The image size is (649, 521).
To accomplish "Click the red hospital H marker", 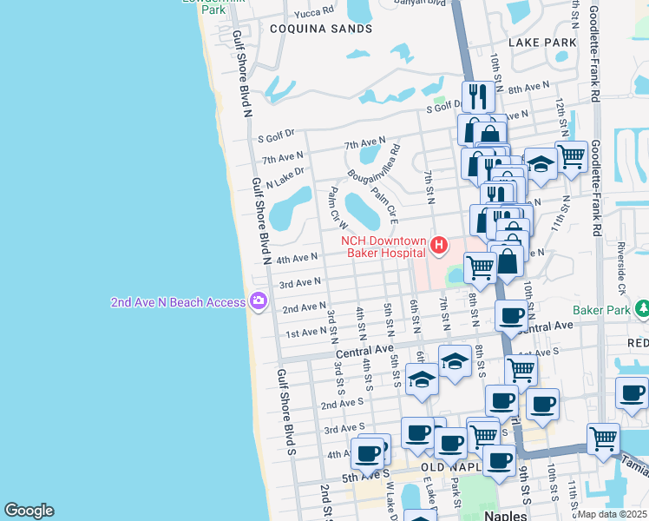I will click(439, 247).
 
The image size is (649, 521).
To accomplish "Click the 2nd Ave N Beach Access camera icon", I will click(258, 301).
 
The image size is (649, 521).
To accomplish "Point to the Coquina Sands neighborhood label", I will click(309, 29).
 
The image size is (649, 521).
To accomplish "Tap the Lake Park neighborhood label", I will click(542, 42).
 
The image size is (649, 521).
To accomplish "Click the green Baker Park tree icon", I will click(643, 309).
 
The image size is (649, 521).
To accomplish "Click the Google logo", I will click(29, 511).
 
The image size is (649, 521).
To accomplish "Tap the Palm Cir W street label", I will click(334, 208).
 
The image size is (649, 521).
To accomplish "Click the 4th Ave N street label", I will click(296, 258).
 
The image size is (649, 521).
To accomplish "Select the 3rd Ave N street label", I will click(299, 283).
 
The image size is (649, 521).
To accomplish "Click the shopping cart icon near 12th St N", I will click(571, 157).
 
